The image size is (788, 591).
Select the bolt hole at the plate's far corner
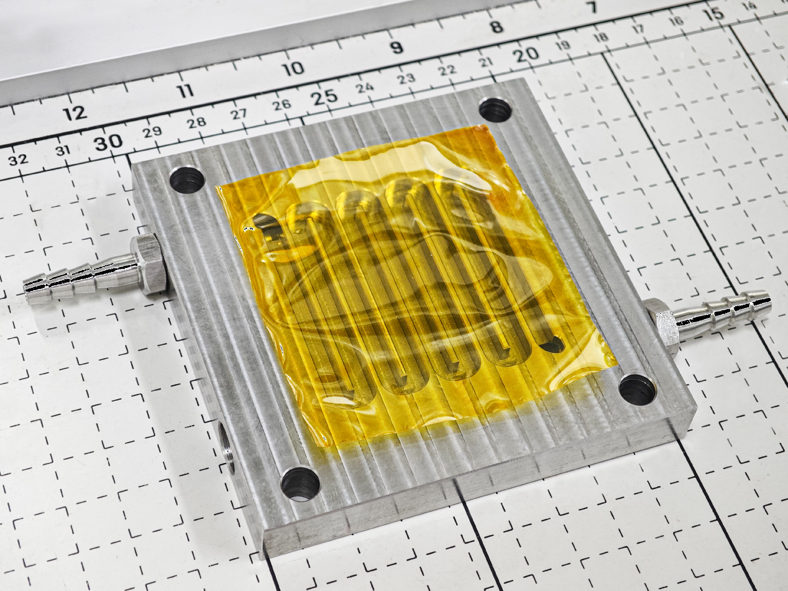coord(496,109)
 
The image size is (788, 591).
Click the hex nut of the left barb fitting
coord(148,264)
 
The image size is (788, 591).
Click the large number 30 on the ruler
coord(108,142)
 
